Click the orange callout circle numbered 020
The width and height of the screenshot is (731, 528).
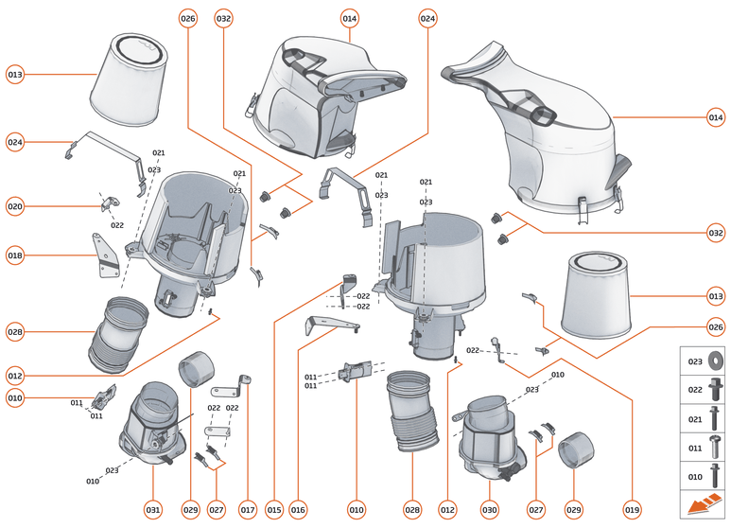(x=14, y=206)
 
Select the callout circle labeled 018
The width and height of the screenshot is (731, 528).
(x=14, y=255)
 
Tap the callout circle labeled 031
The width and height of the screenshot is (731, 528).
(x=153, y=509)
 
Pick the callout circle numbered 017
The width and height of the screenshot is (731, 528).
(x=248, y=509)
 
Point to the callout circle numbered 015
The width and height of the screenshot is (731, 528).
(x=274, y=509)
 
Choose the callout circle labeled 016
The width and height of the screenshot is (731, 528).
(x=299, y=509)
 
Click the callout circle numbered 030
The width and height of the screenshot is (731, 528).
(x=489, y=509)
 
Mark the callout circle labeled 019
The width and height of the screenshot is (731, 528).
(x=633, y=509)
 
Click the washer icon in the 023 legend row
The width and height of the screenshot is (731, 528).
(x=714, y=361)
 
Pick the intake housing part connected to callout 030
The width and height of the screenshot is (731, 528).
(x=490, y=431)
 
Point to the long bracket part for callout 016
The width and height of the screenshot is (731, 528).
(x=328, y=326)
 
